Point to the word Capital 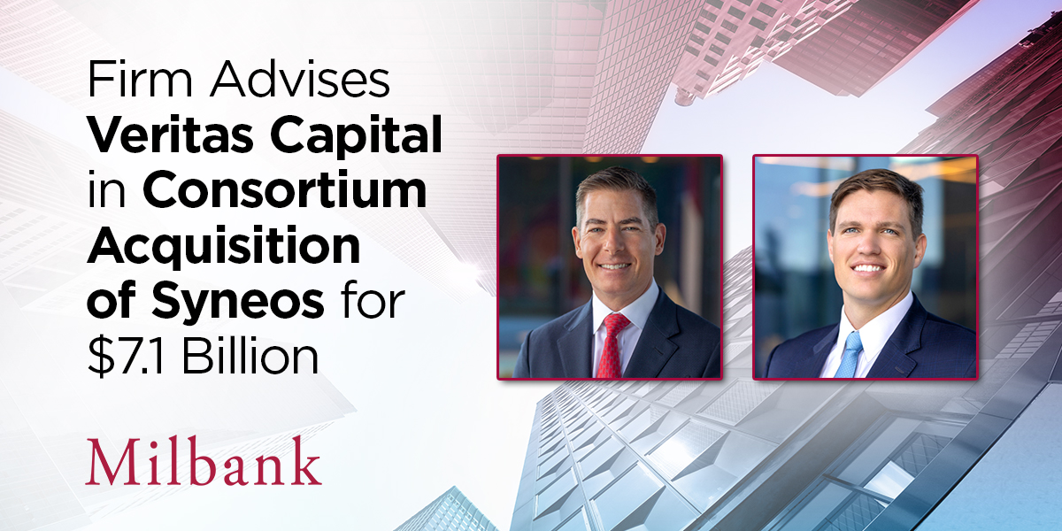coord(354,139)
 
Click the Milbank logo coord(203,461)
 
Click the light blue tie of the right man coord(850,353)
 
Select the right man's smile coord(867,267)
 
